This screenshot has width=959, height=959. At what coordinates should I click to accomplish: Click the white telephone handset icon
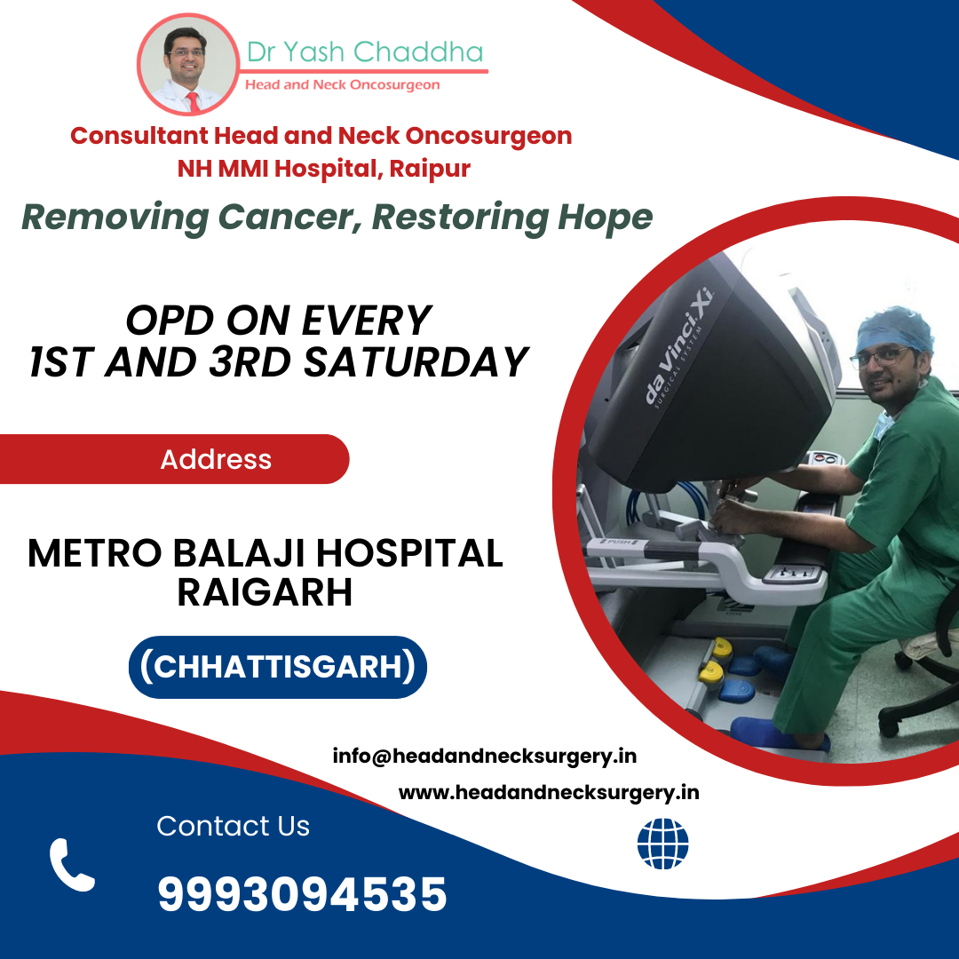(72, 865)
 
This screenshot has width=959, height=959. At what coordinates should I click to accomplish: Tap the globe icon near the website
(662, 844)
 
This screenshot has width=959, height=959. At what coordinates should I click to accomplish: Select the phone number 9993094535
(302, 894)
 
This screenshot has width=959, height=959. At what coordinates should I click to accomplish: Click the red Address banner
(174, 459)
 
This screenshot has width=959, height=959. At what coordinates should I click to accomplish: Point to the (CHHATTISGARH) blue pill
(278, 667)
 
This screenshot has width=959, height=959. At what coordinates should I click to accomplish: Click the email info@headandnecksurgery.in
(485, 756)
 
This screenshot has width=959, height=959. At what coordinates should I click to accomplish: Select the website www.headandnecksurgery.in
(549, 793)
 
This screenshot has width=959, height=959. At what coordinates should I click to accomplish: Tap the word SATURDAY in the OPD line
(416, 361)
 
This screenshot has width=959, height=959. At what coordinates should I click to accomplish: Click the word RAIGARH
(265, 591)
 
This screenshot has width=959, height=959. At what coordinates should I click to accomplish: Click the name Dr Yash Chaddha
(365, 52)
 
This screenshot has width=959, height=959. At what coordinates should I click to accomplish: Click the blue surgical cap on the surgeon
(894, 329)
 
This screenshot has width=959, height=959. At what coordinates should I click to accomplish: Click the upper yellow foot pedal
(723, 646)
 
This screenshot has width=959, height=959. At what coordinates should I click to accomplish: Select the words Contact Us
(233, 826)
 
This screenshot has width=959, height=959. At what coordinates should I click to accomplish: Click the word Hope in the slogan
(605, 218)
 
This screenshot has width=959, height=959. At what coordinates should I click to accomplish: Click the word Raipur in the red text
(430, 169)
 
